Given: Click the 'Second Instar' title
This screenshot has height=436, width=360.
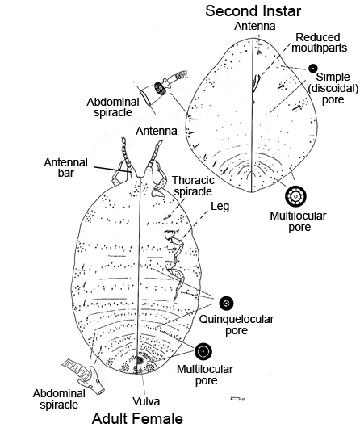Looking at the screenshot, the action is (x=253, y=11).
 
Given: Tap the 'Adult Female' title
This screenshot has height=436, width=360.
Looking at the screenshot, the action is (x=137, y=418).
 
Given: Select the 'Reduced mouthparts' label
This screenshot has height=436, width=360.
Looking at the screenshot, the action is (x=319, y=43).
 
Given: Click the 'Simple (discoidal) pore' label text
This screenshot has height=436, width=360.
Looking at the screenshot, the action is (x=333, y=89).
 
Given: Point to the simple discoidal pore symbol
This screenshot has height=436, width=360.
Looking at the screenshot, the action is (x=313, y=68).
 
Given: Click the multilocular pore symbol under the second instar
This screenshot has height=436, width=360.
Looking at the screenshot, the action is (x=295, y=196).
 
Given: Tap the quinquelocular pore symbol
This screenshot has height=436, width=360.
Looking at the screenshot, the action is (x=226, y=303).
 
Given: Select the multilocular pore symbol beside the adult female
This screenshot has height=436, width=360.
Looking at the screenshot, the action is (x=203, y=351).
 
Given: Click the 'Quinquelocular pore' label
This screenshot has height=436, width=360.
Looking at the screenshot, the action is (x=237, y=325).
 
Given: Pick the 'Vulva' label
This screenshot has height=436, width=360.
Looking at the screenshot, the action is (x=146, y=401).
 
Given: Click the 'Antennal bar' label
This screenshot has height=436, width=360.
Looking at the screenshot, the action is (x=66, y=167).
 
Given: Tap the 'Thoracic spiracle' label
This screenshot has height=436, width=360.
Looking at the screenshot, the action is (x=193, y=186).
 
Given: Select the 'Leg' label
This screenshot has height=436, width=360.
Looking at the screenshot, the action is (x=220, y=207).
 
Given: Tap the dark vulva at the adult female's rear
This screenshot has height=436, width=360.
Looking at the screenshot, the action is (x=139, y=361).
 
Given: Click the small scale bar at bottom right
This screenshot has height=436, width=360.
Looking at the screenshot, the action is (x=237, y=399).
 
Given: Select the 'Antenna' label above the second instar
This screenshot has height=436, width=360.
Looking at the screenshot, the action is (x=254, y=26).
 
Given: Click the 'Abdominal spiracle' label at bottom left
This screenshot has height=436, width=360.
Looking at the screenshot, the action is (x=59, y=399).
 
